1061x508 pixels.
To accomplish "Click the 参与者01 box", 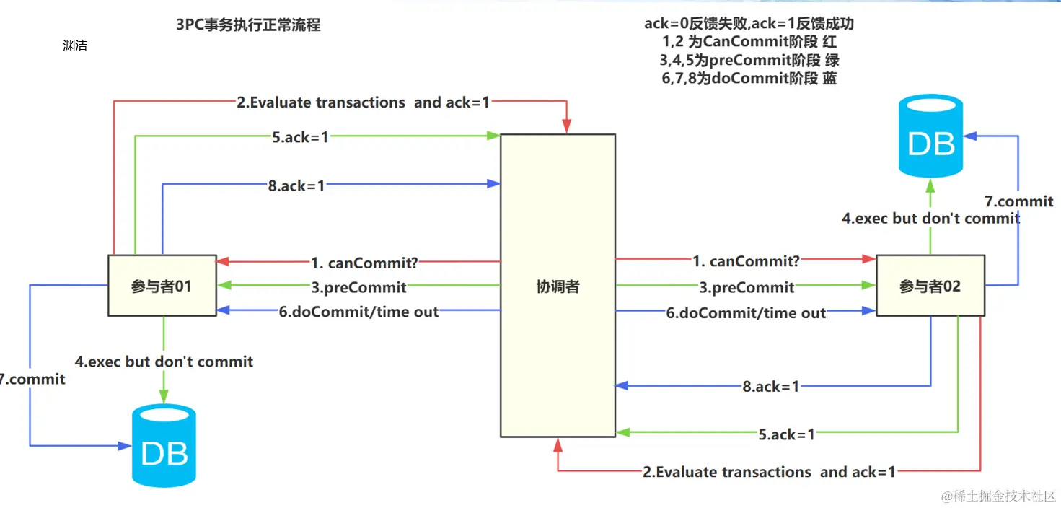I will (x=162, y=286).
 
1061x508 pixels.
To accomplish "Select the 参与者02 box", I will (x=930, y=286).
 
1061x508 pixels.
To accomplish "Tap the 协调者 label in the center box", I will (x=558, y=286).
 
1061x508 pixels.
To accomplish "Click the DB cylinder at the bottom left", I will (x=164, y=447).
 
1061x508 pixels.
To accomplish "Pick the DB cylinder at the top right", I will (x=931, y=138).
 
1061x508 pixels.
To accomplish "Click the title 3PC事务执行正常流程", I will (x=248, y=25).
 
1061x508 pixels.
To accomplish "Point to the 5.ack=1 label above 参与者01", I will (x=300, y=136).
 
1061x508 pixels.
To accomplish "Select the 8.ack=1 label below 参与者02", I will (x=771, y=387).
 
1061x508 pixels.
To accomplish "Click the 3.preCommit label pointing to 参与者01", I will (x=358, y=287).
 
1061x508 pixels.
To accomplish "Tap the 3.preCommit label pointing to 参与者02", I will (x=747, y=287).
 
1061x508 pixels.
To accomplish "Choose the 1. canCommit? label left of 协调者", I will (x=364, y=261).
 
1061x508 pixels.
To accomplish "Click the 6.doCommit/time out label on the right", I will (x=746, y=313).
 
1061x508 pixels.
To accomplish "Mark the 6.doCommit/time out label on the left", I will (x=358, y=312).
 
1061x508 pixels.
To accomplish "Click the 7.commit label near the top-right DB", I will (x=1018, y=201).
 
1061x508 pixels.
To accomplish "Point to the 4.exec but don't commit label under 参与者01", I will (x=164, y=362).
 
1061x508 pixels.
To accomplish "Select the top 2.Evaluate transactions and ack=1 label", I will (x=363, y=102).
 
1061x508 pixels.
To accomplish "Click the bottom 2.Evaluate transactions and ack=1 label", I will (x=769, y=472).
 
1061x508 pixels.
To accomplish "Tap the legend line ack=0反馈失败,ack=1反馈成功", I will (x=749, y=24).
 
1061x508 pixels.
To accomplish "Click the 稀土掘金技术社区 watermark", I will (x=994, y=496).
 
